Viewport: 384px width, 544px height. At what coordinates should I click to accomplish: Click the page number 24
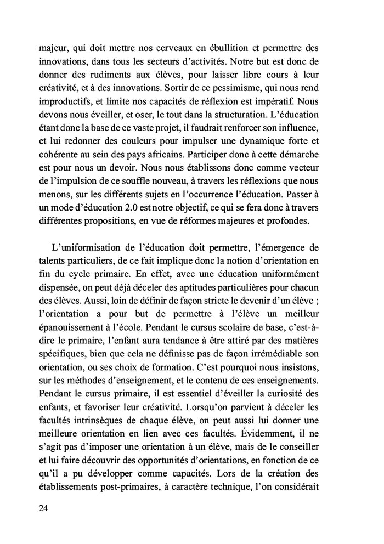click(44, 508)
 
